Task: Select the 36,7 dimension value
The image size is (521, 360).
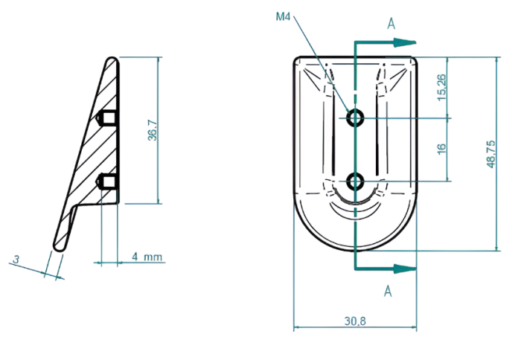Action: [x=152, y=131]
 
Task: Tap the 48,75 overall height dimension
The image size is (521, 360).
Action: [x=490, y=154]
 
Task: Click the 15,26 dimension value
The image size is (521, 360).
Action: [x=441, y=87]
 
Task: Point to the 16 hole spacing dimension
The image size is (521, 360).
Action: [x=441, y=148]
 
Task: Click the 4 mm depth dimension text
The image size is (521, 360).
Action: [x=147, y=257]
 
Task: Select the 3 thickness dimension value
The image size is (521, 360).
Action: [x=15, y=260]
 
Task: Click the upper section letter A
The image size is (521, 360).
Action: [x=390, y=23]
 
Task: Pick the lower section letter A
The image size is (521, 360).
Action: [x=387, y=292]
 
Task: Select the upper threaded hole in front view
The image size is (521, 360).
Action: [x=356, y=117]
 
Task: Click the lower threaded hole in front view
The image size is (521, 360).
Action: [x=356, y=180]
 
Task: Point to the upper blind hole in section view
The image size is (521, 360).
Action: [x=108, y=118]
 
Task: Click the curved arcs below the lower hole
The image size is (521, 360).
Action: [x=356, y=205]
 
